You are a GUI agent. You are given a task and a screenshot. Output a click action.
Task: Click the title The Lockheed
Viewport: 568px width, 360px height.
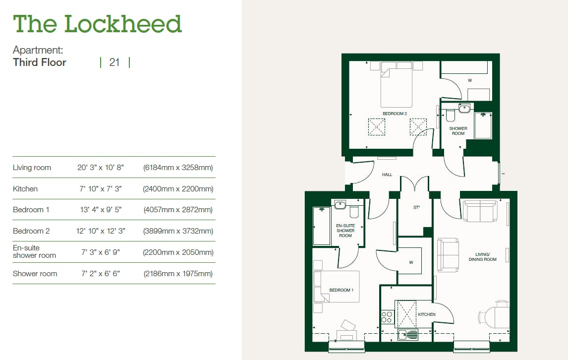tap(97, 24)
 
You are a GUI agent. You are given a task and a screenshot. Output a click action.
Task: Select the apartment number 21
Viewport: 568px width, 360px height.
tap(114, 62)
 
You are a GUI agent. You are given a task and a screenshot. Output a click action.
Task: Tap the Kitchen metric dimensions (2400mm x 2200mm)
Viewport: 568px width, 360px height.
tap(178, 189)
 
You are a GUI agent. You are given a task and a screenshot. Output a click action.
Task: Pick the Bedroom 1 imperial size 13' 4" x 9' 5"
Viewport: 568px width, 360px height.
tap(101, 210)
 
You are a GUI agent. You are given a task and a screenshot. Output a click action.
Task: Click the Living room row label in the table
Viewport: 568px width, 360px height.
tap(32, 168)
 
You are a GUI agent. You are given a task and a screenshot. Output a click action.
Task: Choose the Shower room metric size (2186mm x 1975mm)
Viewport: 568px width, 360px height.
tap(178, 274)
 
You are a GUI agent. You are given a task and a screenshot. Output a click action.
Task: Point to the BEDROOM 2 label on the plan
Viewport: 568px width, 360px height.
tap(395, 114)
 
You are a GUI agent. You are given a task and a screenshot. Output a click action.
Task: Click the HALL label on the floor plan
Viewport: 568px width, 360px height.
tap(387, 175)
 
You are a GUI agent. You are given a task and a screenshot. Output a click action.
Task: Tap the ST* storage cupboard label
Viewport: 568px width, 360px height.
tap(416, 207)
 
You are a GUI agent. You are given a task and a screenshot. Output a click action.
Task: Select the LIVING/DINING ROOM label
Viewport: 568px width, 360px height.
tap(483, 257)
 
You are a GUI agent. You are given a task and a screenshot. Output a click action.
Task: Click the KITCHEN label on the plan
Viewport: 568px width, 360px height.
tap(427, 314)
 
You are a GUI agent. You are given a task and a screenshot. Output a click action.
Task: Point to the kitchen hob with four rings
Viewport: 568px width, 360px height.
tap(387, 317)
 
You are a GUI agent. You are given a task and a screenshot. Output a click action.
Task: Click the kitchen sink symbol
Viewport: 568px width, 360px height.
tap(408, 335)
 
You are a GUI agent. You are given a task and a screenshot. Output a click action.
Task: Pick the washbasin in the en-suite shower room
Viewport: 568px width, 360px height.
tap(340, 205)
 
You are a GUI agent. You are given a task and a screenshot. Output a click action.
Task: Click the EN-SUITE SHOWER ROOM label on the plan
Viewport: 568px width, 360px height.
tap(345, 231)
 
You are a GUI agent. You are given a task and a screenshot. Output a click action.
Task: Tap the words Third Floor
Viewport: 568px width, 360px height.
tap(40, 62)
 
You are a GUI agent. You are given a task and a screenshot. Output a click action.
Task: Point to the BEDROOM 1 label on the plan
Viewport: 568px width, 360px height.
tap(341, 290)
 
